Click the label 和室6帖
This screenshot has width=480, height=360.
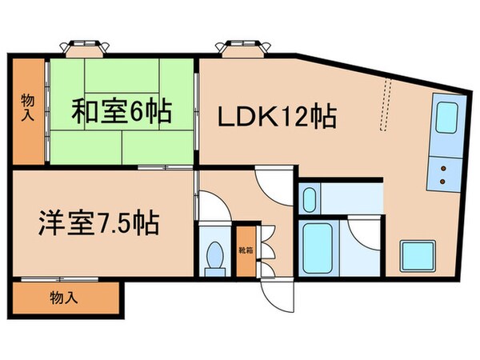tap(121, 112)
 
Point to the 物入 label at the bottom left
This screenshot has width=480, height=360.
tap(63, 299)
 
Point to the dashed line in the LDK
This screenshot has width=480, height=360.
tap(387, 104)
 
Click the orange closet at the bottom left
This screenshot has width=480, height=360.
tap(64, 299)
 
